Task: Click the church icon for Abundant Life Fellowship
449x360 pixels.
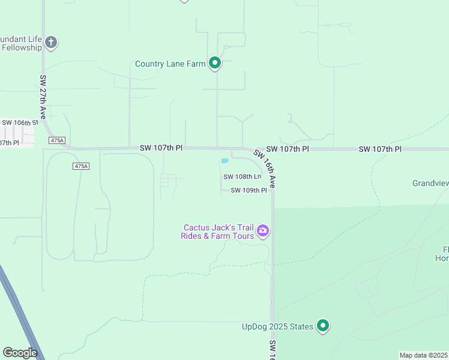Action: point(51,42)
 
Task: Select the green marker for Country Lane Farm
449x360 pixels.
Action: point(215,63)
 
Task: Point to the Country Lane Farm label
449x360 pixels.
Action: point(170,64)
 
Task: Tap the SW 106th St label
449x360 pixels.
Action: point(19,122)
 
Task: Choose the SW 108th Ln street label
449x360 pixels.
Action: point(243,177)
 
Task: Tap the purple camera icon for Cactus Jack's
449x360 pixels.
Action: point(262,230)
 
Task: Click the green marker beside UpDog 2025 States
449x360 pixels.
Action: point(323,326)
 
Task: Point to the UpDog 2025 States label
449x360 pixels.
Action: point(277,326)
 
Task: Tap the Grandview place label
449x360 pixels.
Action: point(430,183)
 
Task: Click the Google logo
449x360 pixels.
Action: point(20,352)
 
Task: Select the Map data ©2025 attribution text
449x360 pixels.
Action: point(423,355)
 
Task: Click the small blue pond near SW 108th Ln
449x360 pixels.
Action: point(224,161)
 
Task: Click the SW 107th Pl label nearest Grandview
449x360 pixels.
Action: point(379,148)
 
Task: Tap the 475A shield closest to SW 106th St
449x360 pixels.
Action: point(57,140)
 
